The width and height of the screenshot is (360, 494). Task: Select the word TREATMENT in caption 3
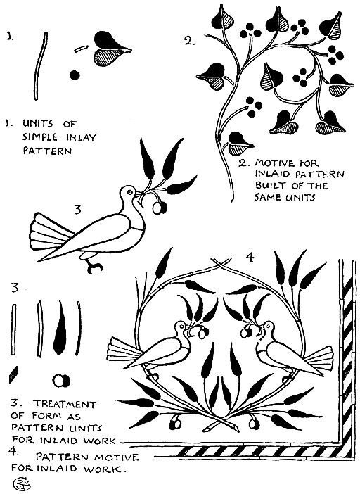click(x=61, y=405)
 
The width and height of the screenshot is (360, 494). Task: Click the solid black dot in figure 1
click(x=74, y=73)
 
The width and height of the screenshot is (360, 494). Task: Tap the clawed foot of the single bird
click(x=91, y=266)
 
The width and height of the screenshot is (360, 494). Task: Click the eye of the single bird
click(x=128, y=191)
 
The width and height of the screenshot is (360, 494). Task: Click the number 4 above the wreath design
click(x=249, y=258)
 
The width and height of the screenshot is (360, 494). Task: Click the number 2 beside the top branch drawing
click(x=189, y=41)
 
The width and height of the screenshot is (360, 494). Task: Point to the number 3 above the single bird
click(x=78, y=208)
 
